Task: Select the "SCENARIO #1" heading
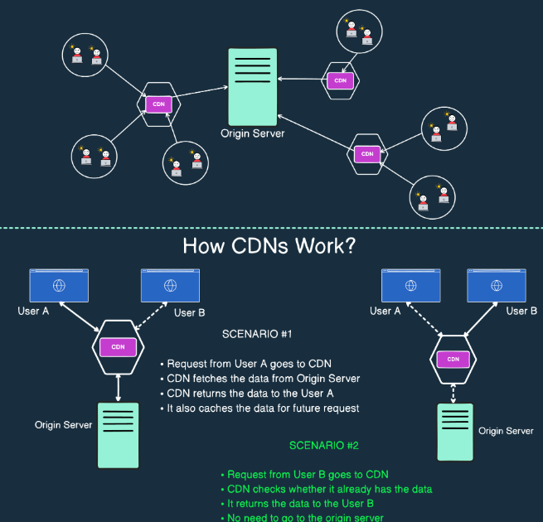[256, 335]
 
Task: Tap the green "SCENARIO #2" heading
[323, 445]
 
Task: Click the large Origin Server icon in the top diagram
[252, 86]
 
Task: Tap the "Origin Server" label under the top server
[252, 133]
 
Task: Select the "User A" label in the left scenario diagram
[34, 312]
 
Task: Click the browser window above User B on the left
[170, 285]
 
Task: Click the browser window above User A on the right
[410, 285]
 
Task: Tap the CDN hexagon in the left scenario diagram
[118, 346]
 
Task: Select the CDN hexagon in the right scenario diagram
[453, 359]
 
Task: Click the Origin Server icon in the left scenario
[118, 434]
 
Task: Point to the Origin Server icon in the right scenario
[454, 431]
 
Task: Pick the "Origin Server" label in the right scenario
[506, 431]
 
